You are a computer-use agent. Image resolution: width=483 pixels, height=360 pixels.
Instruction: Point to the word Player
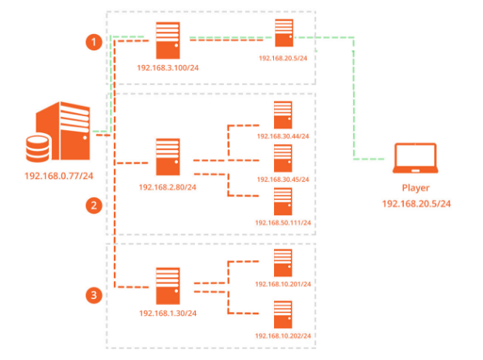(x=415, y=188)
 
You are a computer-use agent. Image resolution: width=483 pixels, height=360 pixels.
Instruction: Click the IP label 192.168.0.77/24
(x=58, y=175)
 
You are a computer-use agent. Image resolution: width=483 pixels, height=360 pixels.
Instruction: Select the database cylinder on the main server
(x=36, y=148)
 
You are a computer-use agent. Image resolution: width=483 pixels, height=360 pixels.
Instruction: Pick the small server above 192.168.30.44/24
(x=283, y=115)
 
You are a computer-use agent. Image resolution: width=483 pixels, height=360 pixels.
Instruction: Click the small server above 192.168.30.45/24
(x=283, y=158)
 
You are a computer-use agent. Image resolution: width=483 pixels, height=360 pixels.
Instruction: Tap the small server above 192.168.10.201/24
(x=283, y=263)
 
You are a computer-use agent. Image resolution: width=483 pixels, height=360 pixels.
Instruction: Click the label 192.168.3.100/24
(x=168, y=67)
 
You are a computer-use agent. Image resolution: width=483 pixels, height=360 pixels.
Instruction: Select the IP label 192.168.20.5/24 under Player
(x=415, y=204)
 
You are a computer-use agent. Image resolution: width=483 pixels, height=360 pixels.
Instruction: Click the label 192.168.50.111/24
(x=283, y=223)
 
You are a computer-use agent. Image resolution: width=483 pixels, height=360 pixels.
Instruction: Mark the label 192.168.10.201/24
(x=283, y=284)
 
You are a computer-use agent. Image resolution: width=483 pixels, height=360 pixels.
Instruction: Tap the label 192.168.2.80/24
(x=168, y=187)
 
